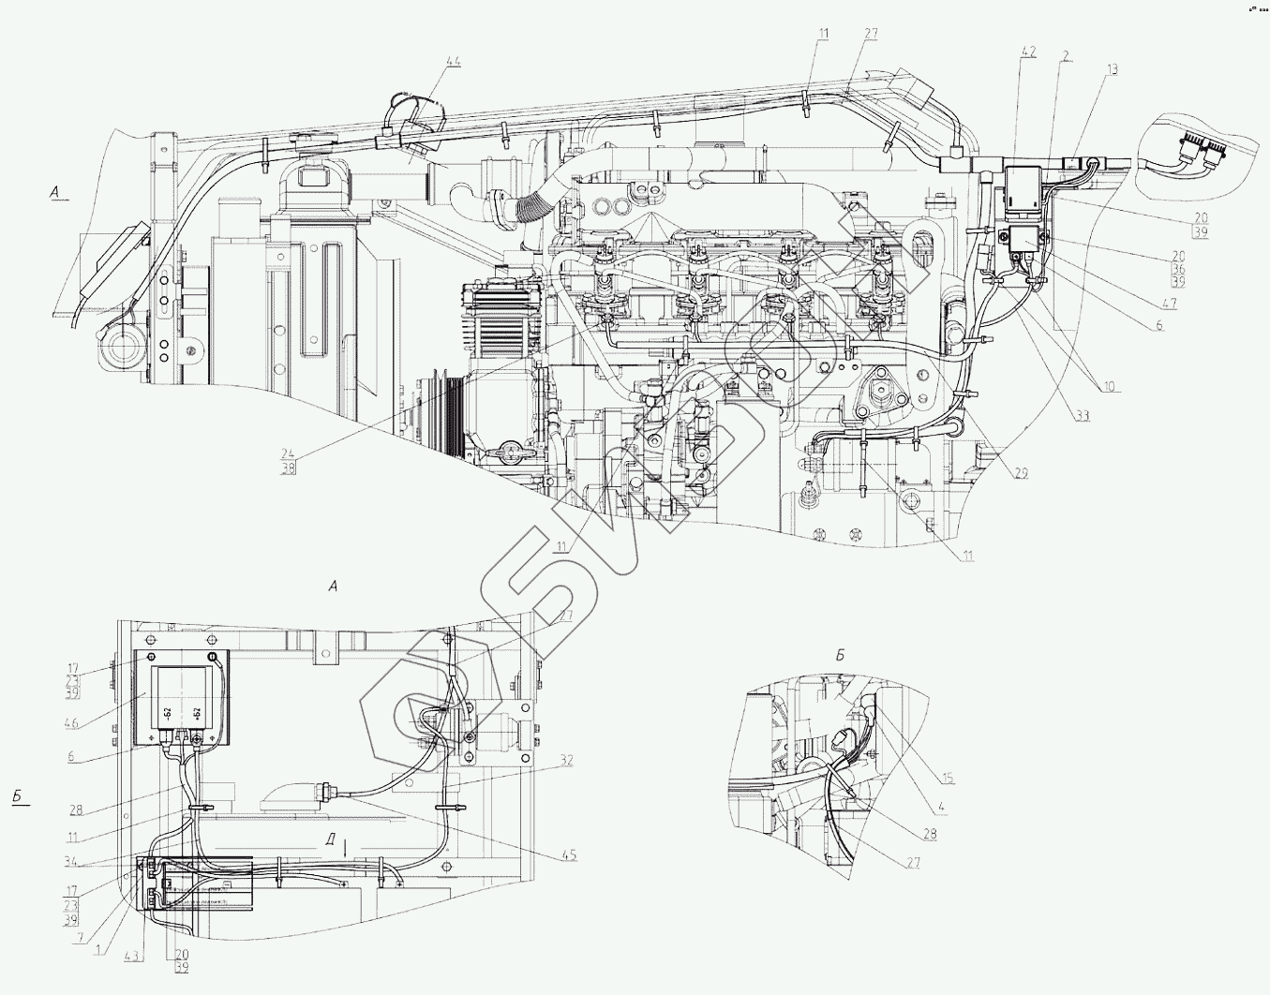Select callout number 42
click(x=1028, y=52)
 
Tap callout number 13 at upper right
click(x=1112, y=69)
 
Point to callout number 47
click(x=1169, y=304)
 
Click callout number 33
click(x=1083, y=415)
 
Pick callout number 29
click(x=1021, y=473)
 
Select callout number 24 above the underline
click(x=288, y=454)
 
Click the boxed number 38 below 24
click(x=288, y=468)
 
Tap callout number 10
click(x=1109, y=386)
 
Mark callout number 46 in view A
click(x=71, y=723)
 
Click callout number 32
click(x=566, y=761)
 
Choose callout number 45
click(x=569, y=854)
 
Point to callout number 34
click(x=71, y=862)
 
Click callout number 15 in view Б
click(x=948, y=778)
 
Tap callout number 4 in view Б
click(x=941, y=807)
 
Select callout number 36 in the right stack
click(x=1178, y=269)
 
